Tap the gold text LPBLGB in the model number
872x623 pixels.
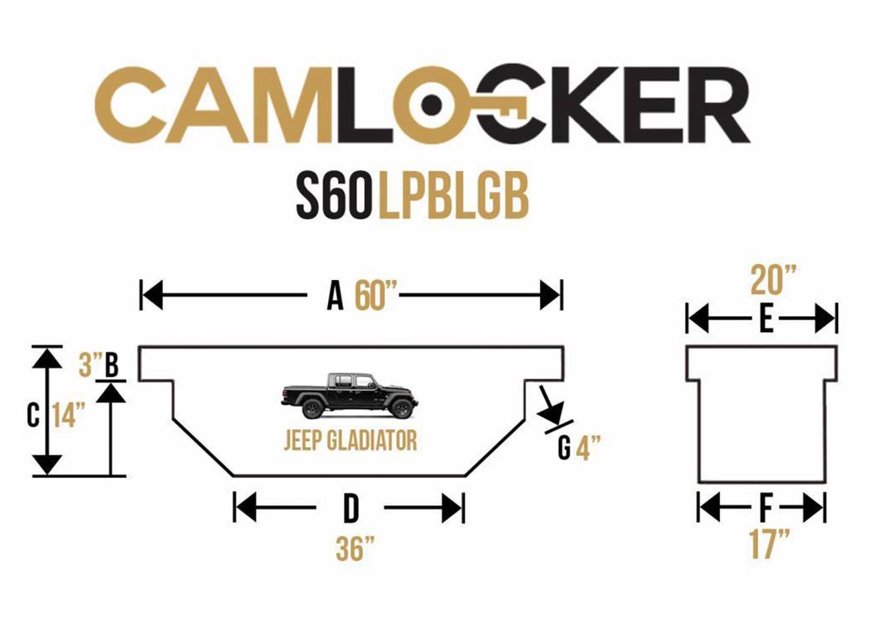click(x=453, y=198)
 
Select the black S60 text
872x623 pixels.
click(x=332, y=198)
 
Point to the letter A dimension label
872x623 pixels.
click(x=335, y=296)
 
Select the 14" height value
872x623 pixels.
click(x=69, y=415)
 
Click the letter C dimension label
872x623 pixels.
click(x=33, y=415)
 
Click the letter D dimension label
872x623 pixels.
click(x=350, y=508)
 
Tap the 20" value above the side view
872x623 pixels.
click(x=773, y=280)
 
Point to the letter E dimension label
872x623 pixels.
click(x=767, y=320)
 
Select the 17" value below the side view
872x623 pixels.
click(x=769, y=543)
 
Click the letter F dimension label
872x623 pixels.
click(x=766, y=508)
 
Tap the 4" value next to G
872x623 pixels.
click(x=588, y=447)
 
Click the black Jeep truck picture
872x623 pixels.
click(x=350, y=395)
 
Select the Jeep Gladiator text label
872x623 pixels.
click(x=350, y=440)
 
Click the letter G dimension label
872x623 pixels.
click(x=564, y=447)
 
